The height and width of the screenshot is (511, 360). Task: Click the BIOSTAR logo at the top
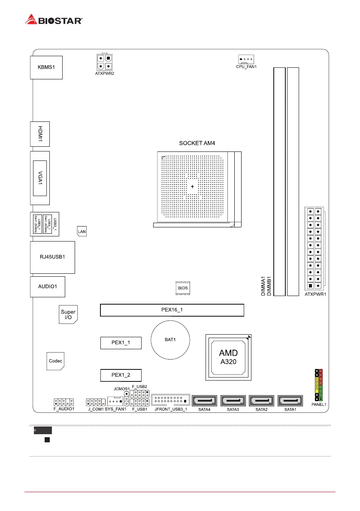pyautogui.click(x=54, y=19)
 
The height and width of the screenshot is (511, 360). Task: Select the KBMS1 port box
pyautogui.click(x=46, y=67)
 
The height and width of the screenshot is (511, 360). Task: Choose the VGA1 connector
pyautogui.click(x=40, y=178)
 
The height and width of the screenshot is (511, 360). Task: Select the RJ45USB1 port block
pyautogui.click(x=52, y=257)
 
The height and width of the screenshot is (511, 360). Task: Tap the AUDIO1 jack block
pyautogui.click(x=48, y=287)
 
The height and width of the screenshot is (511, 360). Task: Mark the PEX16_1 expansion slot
pyautogui.click(x=172, y=310)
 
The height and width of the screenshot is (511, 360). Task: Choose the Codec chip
pyautogui.click(x=55, y=361)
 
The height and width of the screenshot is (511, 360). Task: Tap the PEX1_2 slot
pyautogui.click(x=121, y=375)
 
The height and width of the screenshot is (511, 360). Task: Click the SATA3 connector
pyautogui.click(x=233, y=402)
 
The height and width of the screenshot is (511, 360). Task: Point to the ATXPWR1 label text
pyautogui.click(x=316, y=295)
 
